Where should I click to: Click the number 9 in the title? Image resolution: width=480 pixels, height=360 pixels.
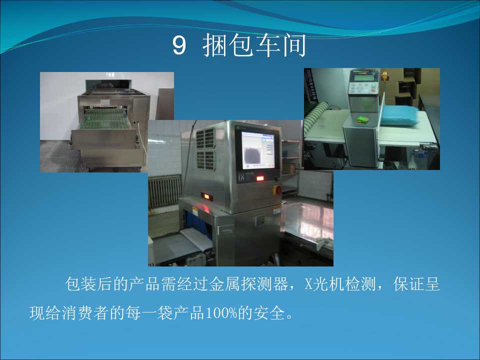click(x=179, y=45)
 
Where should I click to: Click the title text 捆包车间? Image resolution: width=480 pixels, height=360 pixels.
click(x=254, y=45)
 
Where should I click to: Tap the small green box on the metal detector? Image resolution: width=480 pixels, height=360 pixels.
click(x=363, y=119)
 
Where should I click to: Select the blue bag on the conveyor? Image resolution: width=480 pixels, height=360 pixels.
click(x=399, y=115)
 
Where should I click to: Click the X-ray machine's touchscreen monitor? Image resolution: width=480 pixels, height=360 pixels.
click(x=257, y=150)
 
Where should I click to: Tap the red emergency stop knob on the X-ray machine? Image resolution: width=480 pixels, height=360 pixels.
click(x=278, y=190)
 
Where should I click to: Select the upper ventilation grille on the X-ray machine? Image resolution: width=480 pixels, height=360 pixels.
click(x=205, y=138)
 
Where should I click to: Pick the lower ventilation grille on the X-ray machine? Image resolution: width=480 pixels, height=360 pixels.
click(x=205, y=160)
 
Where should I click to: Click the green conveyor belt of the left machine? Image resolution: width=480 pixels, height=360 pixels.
click(x=105, y=119)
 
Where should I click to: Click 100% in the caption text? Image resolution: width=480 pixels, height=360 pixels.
click(x=221, y=313)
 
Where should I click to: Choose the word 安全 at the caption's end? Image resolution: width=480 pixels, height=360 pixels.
click(x=269, y=313)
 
